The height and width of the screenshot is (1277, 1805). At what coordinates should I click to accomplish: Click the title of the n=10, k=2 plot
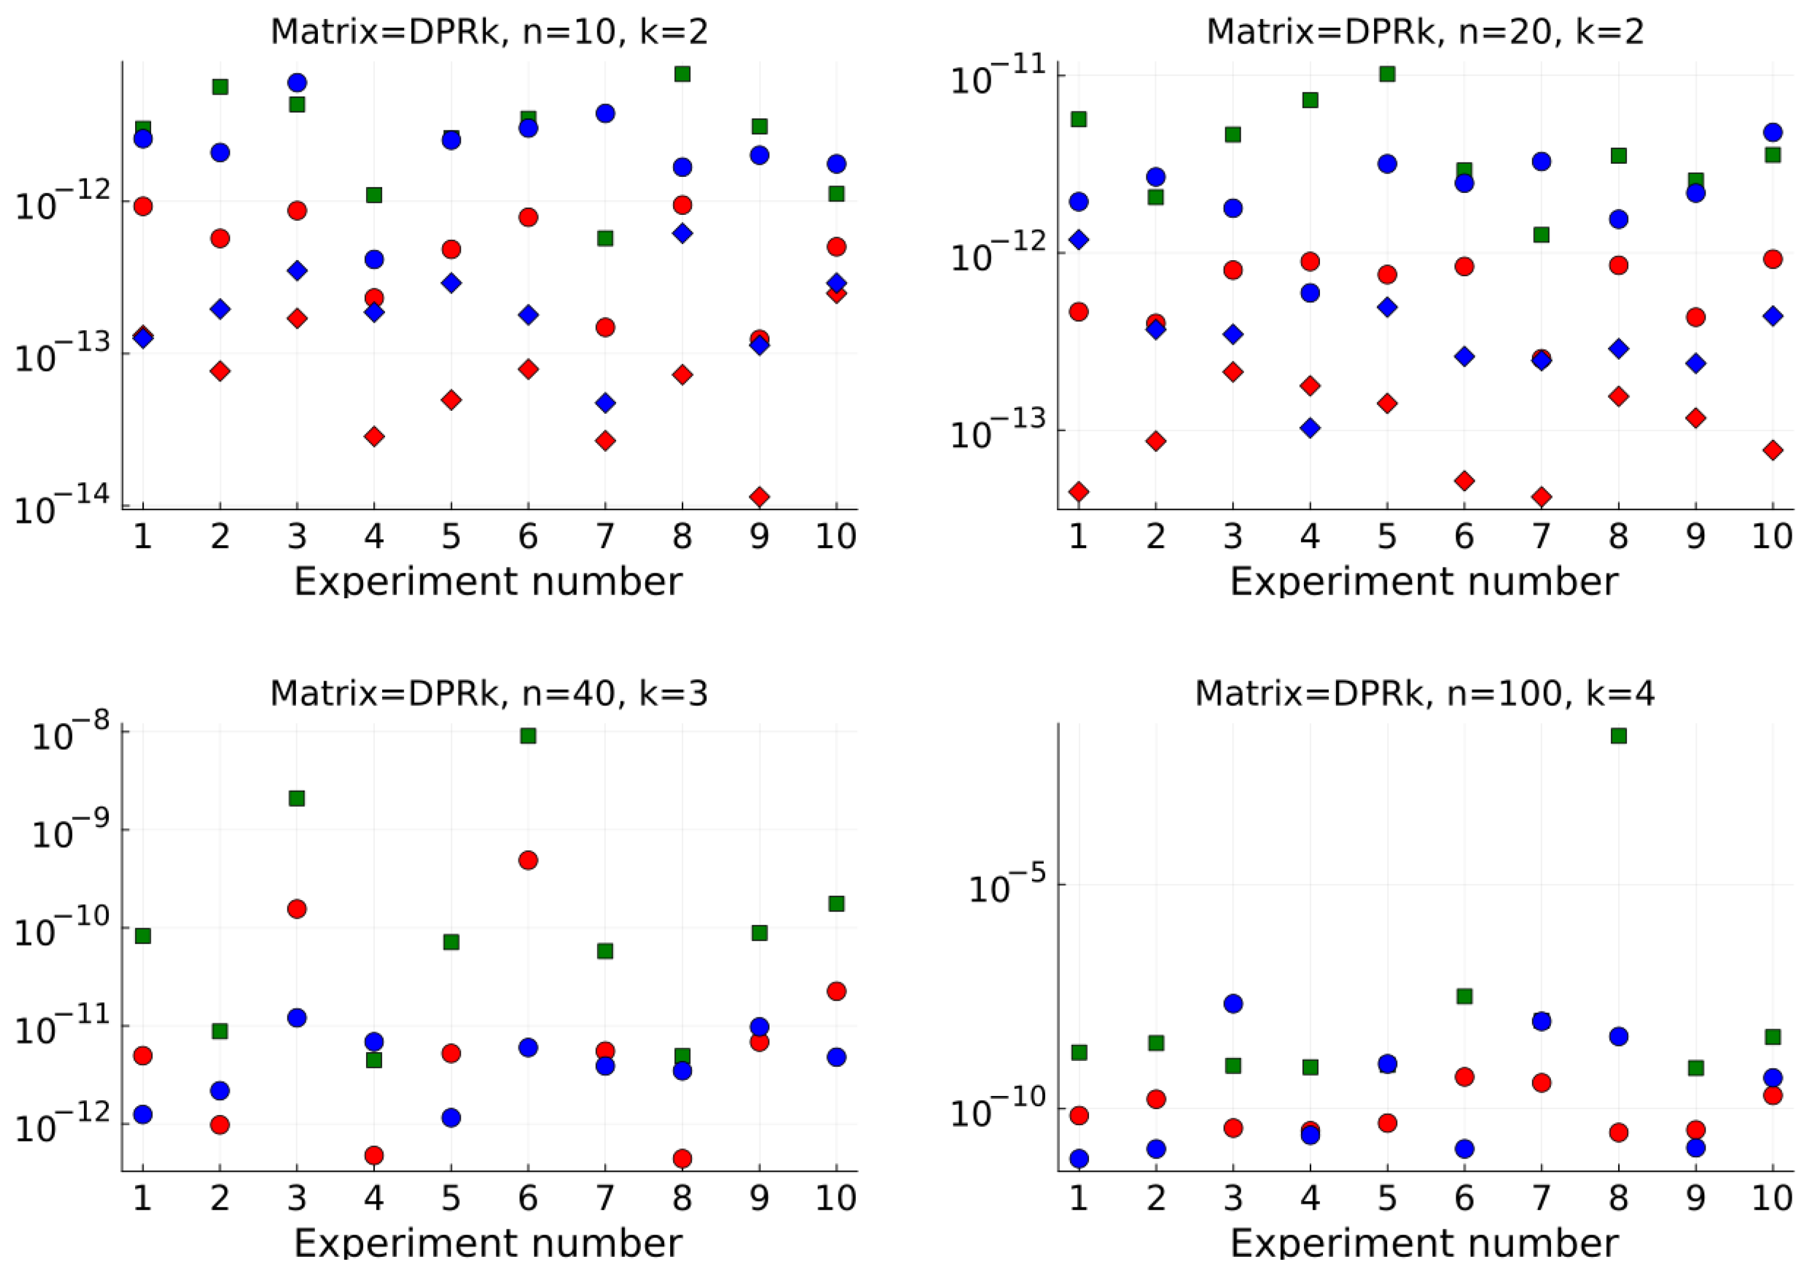tap(489, 32)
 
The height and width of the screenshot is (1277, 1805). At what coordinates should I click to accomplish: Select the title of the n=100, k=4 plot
tap(1425, 694)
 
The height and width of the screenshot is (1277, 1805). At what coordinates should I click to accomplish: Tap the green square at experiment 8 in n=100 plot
tap(1619, 736)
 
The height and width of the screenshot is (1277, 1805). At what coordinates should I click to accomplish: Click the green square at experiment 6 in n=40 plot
tap(528, 736)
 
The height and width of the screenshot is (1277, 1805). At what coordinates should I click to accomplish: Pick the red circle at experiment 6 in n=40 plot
tap(528, 860)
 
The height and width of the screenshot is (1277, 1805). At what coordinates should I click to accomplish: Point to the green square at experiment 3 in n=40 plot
tap(297, 799)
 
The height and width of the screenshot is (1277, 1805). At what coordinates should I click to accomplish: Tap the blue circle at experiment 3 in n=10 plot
tap(297, 83)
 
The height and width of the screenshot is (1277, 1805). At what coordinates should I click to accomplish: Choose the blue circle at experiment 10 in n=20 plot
tap(1773, 132)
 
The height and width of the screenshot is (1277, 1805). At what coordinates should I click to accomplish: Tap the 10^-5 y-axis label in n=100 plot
tap(1008, 887)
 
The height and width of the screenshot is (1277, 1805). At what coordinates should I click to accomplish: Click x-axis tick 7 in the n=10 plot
tap(605, 537)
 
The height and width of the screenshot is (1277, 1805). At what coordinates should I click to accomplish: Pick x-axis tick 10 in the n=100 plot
tap(1772, 1198)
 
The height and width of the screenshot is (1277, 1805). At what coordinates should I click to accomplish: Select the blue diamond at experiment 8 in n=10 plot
tap(683, 233)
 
